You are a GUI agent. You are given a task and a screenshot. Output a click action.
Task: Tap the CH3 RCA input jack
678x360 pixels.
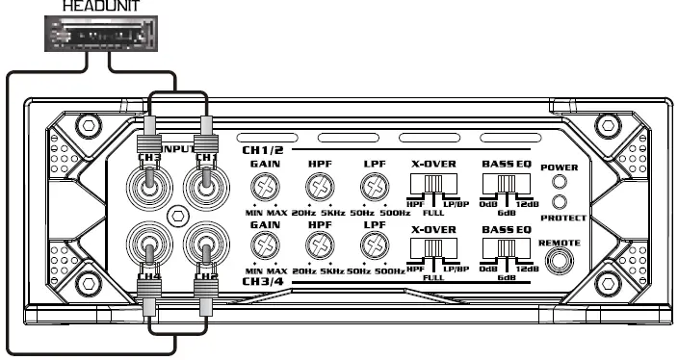149,180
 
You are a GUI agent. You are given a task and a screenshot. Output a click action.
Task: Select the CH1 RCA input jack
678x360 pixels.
204,180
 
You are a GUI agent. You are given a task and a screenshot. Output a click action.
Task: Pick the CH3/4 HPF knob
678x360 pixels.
318,248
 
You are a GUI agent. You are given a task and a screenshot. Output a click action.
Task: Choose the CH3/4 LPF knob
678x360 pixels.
373,248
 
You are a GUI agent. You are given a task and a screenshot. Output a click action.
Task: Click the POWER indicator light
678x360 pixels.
559,184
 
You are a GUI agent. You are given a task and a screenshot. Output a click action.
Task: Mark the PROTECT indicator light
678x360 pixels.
559,202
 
